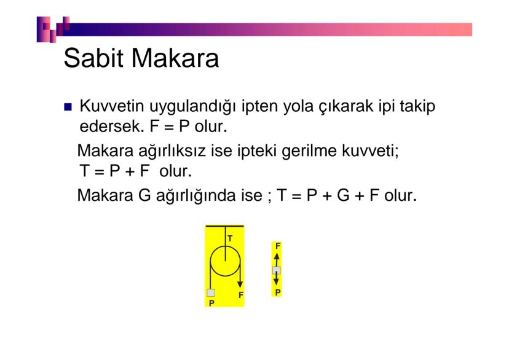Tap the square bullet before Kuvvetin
68,108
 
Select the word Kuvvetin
109,107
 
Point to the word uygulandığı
187,108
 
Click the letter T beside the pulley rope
230,237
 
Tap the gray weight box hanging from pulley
211,293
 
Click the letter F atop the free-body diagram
278,246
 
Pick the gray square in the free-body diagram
277,270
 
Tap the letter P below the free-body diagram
278,293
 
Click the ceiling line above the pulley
224,226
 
